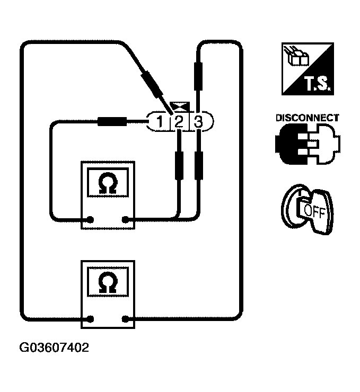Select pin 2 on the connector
(179, 122)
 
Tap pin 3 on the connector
(198, 122)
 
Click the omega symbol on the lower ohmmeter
(108, 282)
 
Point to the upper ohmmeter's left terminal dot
(91, 219)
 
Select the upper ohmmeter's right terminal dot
(126, 219)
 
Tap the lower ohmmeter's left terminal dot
(91, 318)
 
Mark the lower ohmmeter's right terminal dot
(126, 318)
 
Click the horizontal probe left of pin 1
(111, 122)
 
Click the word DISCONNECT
(307, 118)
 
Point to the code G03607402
(55, 348)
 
